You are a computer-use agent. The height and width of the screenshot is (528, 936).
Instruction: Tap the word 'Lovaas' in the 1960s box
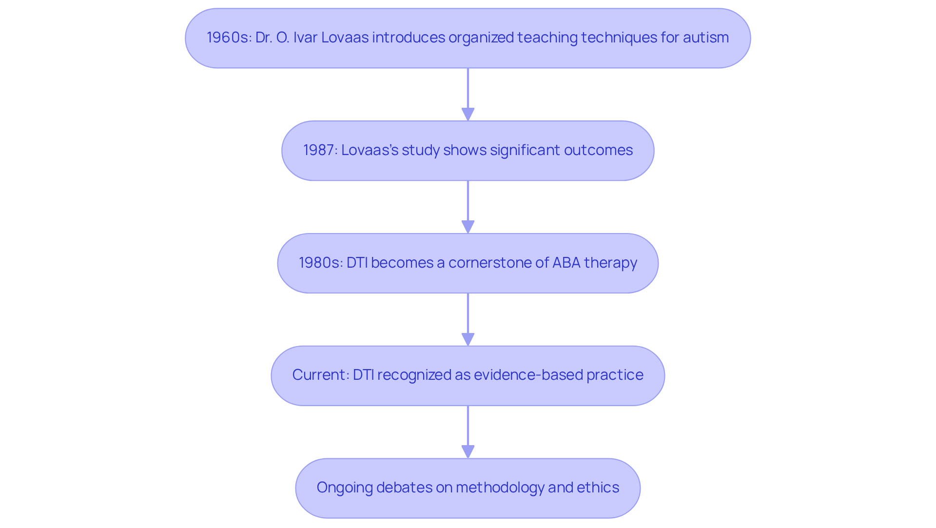(x=345, y=38)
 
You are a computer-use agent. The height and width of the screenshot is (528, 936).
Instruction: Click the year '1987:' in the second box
(x=320, y=150)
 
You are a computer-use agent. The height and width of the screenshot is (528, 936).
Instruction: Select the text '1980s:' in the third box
(x=321, y=263)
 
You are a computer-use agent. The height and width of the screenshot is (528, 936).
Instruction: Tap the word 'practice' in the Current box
(x=615, y=375)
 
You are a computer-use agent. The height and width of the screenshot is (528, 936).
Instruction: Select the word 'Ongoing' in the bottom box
(x=345, y=488)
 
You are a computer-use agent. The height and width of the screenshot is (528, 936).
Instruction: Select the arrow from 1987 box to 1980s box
(x=468, y=207)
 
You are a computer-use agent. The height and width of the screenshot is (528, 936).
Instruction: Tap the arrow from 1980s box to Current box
(x=468, y=319)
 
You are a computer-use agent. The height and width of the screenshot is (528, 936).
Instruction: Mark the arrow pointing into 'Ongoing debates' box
(x=468, y=431)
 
